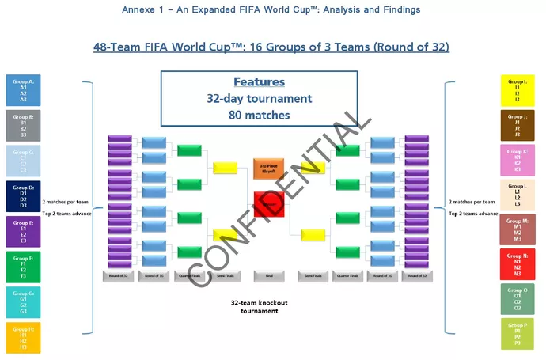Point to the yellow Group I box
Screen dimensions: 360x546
519,90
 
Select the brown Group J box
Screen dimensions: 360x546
519,125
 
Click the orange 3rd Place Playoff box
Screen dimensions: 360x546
269,168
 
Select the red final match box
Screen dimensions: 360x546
269,204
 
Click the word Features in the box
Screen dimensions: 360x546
259,82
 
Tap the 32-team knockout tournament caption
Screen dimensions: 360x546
256,307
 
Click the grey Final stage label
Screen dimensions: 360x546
269,276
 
